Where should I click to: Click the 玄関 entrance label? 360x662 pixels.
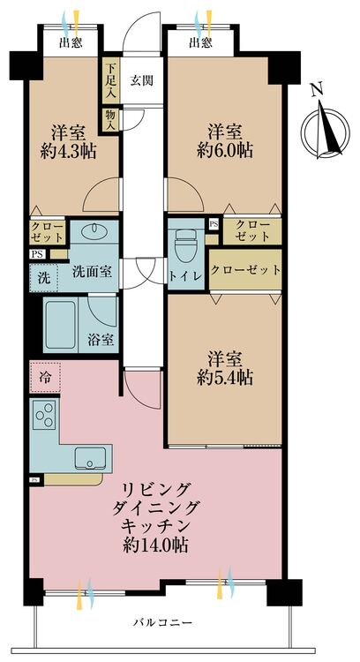click(x=141, y=80)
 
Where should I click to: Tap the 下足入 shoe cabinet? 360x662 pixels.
click(x=110, y=80)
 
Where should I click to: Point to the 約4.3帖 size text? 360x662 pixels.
click(x=68, y=151)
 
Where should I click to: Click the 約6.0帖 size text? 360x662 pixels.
click(x=225, y=151)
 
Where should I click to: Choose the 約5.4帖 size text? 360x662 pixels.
click(x=225, y=378)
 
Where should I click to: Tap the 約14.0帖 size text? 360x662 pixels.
click(x=155, y=545)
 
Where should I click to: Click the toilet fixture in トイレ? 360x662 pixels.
click(x=186, y=245)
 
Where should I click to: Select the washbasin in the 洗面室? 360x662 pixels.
click(x=94, y=230)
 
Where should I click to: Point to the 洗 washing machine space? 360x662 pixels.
click(x=43, y=278)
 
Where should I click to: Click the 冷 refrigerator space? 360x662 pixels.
click(x=45, y=377)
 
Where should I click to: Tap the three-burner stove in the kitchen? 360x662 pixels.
click(x=44, y=415)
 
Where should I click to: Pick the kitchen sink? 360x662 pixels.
click(x=90, y=458)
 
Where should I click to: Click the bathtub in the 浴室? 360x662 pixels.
click(x=61, y=325)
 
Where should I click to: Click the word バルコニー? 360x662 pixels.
click(x=163, y=622)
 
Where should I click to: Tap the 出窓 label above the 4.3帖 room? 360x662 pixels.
click(x=71, y=42)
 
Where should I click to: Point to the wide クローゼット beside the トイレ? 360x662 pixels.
click(x=245, y=270)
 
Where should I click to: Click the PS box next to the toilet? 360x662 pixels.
click(x=214, y=224)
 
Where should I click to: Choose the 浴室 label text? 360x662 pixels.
click(x=100, y=339)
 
